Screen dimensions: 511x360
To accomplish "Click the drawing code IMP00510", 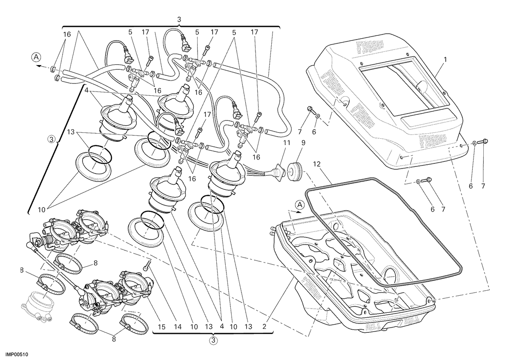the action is pyautogui.click(x=17, y=354).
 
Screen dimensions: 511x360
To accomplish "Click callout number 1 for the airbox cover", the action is pyautogui.click(x=445, y=60).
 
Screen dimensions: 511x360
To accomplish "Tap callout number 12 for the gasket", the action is pyautogui.click(x=317, y=164).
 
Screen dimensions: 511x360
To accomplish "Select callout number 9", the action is pyautogui.click(x=303, y=143).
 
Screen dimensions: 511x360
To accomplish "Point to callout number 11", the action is pyautogui.click(x=287, y=143).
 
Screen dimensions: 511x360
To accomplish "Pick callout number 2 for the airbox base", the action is pyautogui.click(x=264, y=327).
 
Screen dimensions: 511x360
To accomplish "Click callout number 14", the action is pyautogui.click(x=178, y=327).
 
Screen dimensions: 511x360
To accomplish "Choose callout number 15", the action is pyautogui.click(x=161, y=327).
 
